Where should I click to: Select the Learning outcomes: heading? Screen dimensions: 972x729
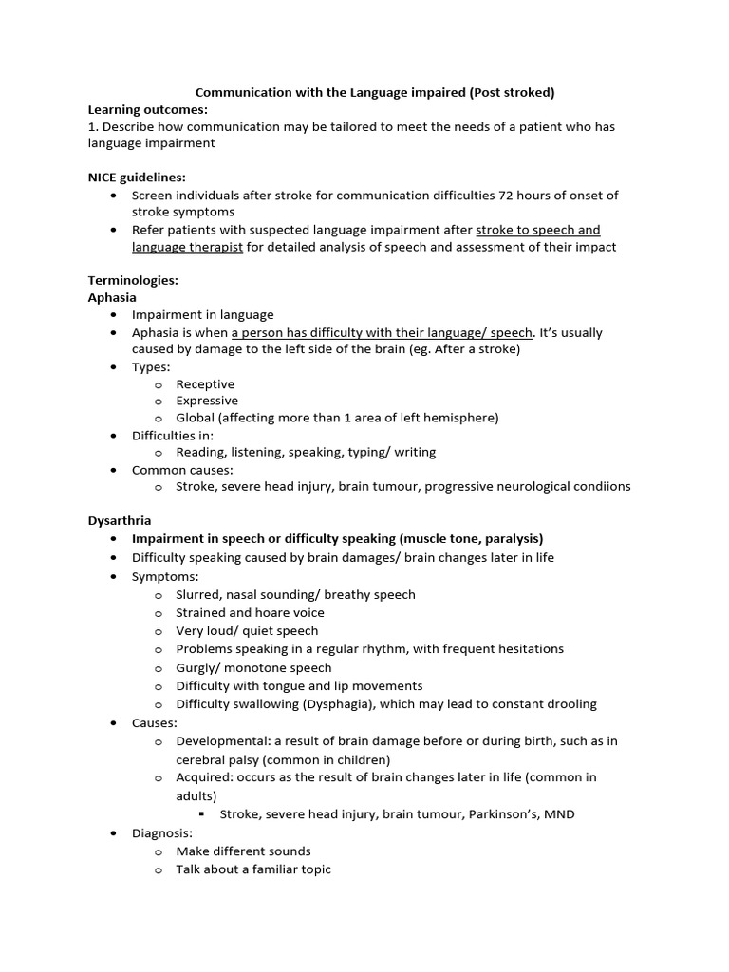tap(147, 109)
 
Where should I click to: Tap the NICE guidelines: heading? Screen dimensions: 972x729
tap(137, 178)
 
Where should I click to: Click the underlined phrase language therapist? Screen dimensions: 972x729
tap(187, 247)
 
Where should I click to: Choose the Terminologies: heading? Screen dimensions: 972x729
tap(133, 281)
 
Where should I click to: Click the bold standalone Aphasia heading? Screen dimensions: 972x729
tap(112, 297)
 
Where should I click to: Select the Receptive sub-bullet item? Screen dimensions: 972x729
tap(205, 384)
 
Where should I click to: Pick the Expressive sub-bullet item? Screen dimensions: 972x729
tap(207, 402)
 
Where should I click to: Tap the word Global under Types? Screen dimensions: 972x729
tap(196, 418)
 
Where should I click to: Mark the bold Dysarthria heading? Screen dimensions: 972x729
tap(120, 521)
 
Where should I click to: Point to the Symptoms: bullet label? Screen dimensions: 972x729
tap(165, 576)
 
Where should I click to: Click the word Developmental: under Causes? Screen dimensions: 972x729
tap(219, 740)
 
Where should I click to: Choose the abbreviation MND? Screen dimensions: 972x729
tap(559, 814)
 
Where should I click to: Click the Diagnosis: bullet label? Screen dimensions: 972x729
tap(162, 832)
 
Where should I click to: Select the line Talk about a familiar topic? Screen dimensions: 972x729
tap(253, 869)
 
